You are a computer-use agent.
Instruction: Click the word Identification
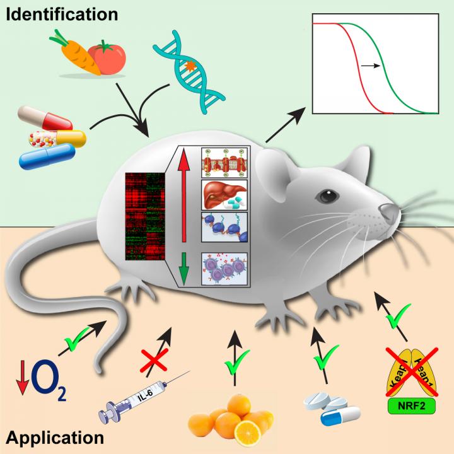pos(54,12)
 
